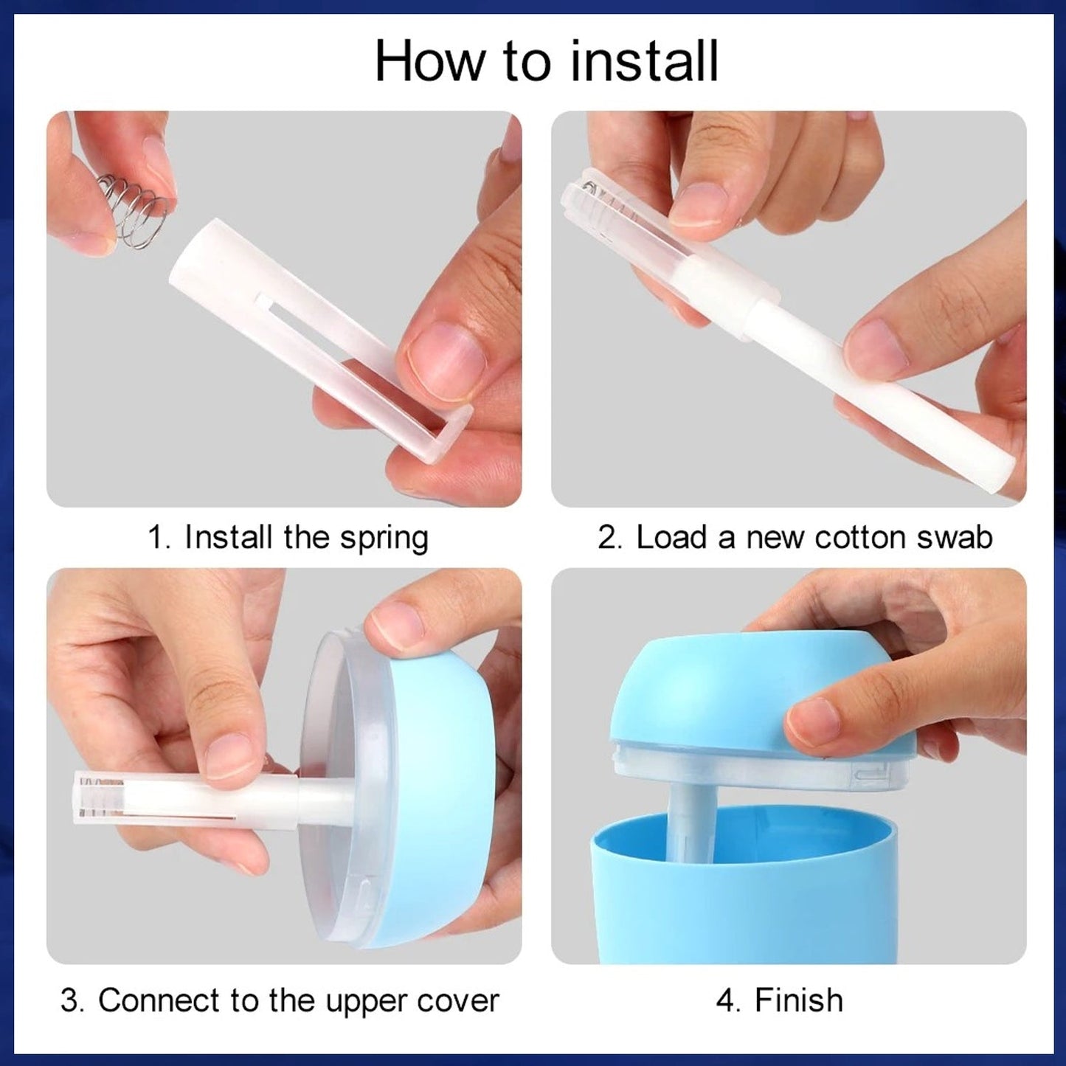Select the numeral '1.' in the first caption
[159, 537]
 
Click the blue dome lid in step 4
[701, 686]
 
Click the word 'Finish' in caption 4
[798, 1000]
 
